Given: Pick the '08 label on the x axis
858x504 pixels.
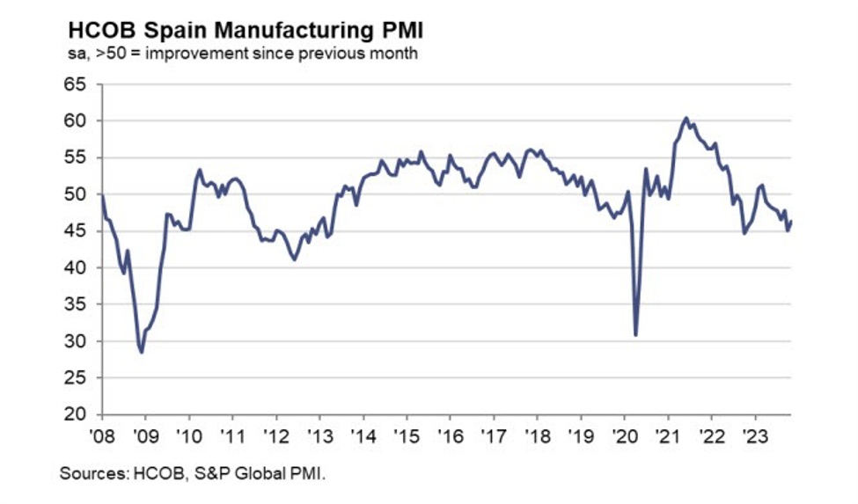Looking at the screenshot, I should tap(104, 435).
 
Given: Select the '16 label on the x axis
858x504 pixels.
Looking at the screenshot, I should tap(451, 435).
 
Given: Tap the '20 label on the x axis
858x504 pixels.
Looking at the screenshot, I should tap(624, 435).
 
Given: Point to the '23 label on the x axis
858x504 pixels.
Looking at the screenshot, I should tap(754, 435).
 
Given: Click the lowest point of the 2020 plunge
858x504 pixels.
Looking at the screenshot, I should tap(635, 334).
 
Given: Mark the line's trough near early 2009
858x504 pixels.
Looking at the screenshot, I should tap(142, 352).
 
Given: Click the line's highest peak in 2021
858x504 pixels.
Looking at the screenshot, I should tap(686, 118).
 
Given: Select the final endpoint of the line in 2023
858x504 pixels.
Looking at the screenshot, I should tap(791, 222).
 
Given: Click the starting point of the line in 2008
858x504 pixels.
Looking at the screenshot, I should tap(103, 195).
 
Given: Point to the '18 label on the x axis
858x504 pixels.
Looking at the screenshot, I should tap(537, 435).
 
